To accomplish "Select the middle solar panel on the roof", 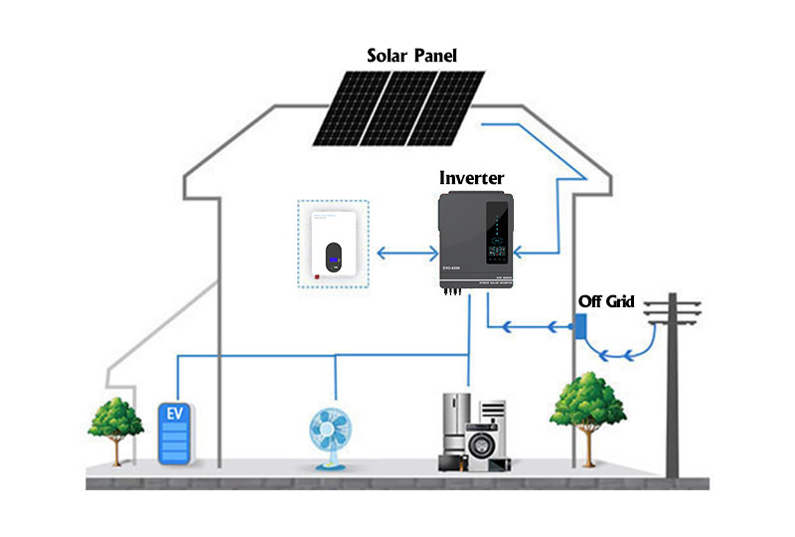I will (398, 107).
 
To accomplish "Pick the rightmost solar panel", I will (446, 106).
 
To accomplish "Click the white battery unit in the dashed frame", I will (334, 245).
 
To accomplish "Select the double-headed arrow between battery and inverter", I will (403, 255).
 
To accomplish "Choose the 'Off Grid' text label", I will (607, 301).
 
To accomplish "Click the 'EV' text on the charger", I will (176, 412).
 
